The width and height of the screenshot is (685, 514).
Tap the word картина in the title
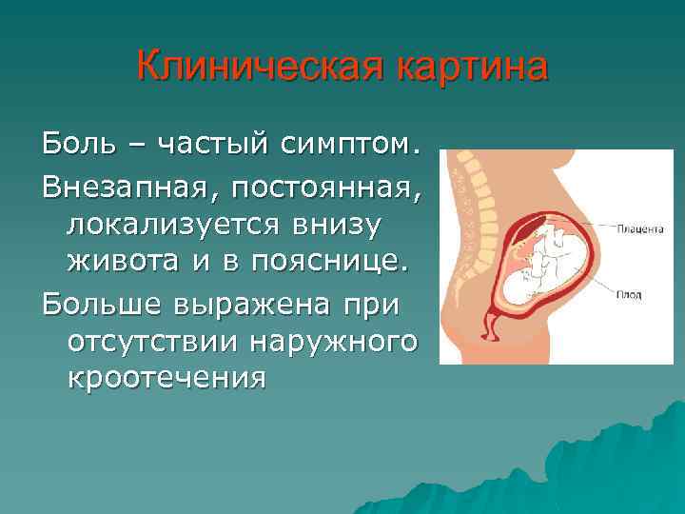click(x=471, y=69)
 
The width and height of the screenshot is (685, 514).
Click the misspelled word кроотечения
click(x=166, y=378)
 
